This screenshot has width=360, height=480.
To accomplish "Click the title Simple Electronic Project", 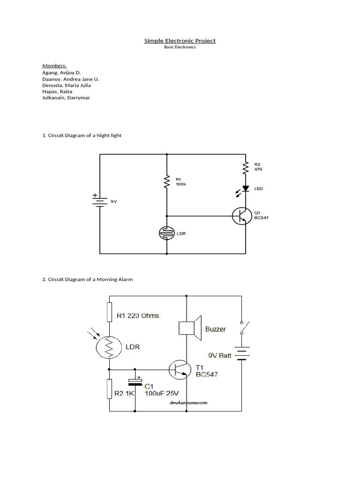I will [180, 41].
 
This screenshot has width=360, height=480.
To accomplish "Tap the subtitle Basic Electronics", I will [180, 47].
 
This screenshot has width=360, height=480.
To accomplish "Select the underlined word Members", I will [54, 66].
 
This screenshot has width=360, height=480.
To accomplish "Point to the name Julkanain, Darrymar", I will [66, 98].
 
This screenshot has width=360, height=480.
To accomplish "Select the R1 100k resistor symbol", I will [167, 182].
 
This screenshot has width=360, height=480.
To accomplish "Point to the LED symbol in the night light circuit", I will [245, 188].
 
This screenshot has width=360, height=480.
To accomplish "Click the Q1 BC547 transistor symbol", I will [242, 216].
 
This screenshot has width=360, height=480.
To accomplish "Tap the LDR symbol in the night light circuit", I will [167, 233].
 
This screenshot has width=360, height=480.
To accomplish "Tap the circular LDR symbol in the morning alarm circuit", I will [109, 347].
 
